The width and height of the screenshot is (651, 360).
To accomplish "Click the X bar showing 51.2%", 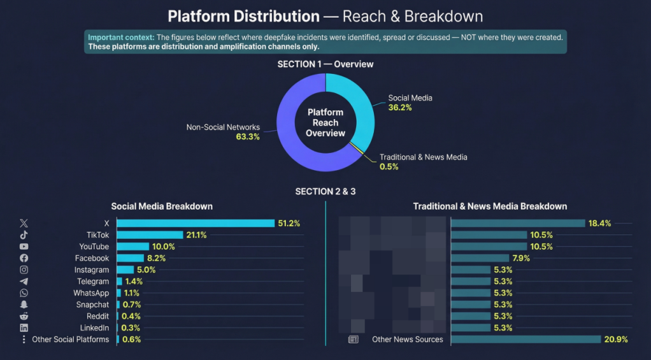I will click(x=196, y=223).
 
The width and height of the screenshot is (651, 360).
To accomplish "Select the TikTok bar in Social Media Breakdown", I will click(x=150, y=235).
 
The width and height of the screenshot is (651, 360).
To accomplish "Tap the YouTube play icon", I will click(x=24, y=247).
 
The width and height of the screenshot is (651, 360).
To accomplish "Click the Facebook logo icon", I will click(x=24, y=258).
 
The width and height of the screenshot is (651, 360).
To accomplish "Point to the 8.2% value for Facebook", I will click(x=157, y=258).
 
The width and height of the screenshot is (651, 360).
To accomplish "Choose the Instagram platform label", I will click(x=91, y=270).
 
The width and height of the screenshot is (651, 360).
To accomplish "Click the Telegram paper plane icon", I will click(x=24, y=282).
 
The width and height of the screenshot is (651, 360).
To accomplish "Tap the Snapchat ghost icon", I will click(x=24, y=305).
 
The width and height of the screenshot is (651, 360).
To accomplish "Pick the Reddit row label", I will click(x=97, y=316).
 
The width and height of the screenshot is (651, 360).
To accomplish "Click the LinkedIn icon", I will click(x=24, y=328).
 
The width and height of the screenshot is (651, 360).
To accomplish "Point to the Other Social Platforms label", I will click(x=70, y=340).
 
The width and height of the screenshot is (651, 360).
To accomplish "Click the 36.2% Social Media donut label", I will click(x=400, y=108).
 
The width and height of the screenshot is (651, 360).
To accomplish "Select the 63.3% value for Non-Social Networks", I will click(x=248, y=137).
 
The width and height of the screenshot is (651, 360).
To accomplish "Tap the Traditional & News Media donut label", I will click(x=423, y=157).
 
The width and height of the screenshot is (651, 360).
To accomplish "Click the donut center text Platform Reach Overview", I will click(x=325, y=122).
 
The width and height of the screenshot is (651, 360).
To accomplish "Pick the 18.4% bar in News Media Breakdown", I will click(x=518, y=223).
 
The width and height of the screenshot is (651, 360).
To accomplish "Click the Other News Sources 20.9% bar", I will click(x=526, y=340).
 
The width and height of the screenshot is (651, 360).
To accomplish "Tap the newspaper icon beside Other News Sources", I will click(x=354, y=340).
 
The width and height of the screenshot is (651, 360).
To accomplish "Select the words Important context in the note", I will click(x=121, y=37).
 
